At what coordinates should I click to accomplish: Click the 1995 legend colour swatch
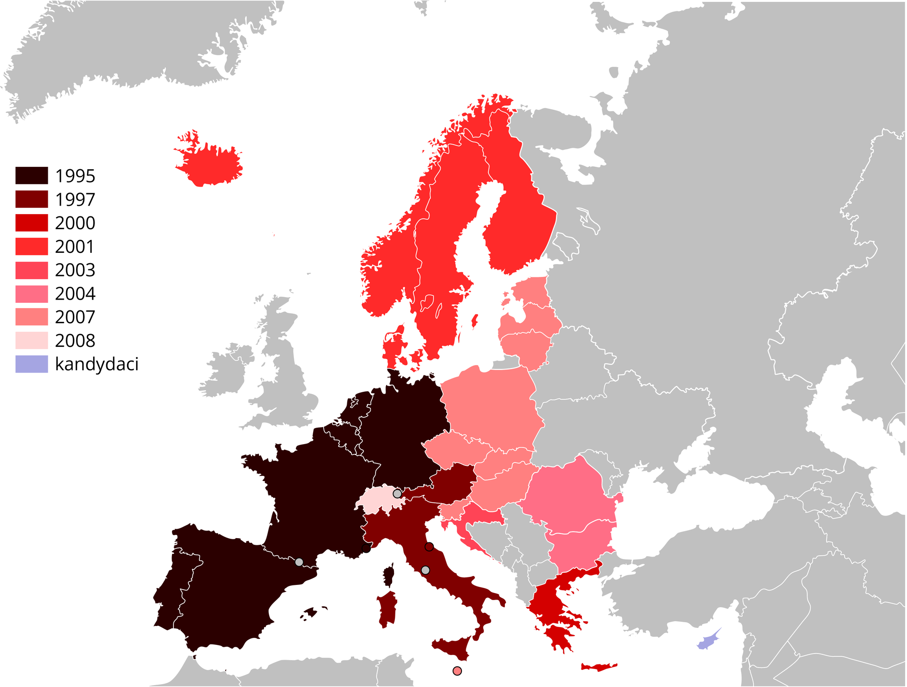pyautogui.click(x=32, y=175)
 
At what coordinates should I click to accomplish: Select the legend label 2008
pyautogui.click(x=75, y=341)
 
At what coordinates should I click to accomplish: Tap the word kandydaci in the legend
pyautogui.click(x=97, y=364)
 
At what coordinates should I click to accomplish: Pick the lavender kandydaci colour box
pyautogui.click(x=32, y=364)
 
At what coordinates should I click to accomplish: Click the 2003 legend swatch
pyautogui.click(x=32, y=270)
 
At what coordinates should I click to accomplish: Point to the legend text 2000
pyautogui.click(x=75, y=223)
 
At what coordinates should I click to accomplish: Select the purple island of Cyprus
pyautogui.click(x=709, y=641)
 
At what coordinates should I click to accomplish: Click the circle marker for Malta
pyautogui.click(x=457, y=671)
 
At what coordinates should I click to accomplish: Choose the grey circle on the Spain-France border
pyautogui.click(x=299, y=562)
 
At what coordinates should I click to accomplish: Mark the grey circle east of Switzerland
pyautogui.click(x=397, y=494)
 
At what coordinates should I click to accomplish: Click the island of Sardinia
pyautogui.click(x=387, y=610)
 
